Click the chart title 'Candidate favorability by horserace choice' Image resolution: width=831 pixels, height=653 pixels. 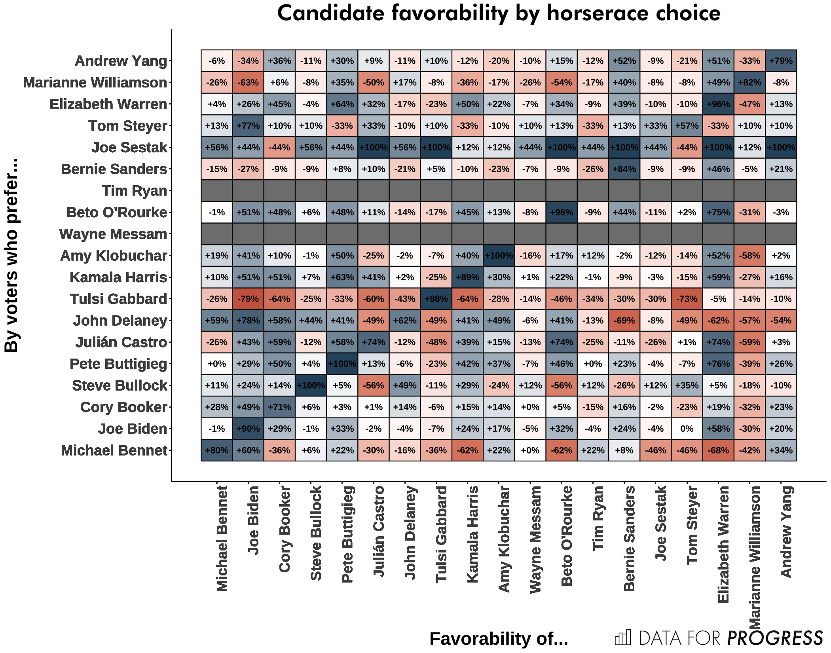tap(499, 13)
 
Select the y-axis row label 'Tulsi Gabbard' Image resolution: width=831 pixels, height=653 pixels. tap(118, 299)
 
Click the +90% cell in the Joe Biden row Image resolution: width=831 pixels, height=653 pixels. tap(248, 429)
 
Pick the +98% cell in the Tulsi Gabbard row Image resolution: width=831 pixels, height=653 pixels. tap(436, 299)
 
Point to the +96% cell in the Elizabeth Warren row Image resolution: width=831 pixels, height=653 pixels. tap(718, 104)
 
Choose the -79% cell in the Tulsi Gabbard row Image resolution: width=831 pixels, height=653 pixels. tap(248, 299)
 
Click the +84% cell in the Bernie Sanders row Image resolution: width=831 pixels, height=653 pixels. tap(624, 169)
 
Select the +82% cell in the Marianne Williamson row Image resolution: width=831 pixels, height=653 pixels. tap(749, 82)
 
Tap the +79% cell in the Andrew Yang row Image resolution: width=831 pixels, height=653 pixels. tap(781, 61)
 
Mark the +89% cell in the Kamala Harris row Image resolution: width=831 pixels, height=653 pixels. tap(467, 277)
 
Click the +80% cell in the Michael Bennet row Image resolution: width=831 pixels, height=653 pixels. tap(217, 450)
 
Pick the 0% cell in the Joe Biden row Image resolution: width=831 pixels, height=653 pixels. tap(687, 429)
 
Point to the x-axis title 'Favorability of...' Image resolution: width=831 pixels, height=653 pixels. tap(499, 638)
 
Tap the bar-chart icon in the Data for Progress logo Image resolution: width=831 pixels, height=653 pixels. tap(623, 638)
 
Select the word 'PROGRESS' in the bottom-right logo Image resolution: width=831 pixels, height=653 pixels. tap(775, 638)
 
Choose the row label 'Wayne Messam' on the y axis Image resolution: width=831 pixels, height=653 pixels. tap(113, 234)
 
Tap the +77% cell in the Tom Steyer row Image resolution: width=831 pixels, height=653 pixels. tap(248, 126)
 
